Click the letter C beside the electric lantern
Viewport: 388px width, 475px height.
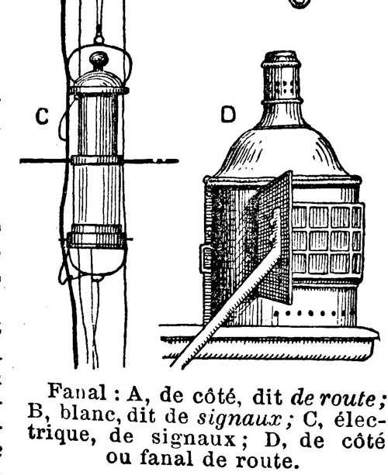pos(42,117)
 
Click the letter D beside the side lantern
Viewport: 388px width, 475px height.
pos(228,115)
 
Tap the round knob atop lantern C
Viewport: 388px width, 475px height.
pos(99,60)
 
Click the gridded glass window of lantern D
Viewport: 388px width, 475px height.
pos(327,239)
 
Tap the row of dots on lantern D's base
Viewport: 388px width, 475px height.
pos(306,313)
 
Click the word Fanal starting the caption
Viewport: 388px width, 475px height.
pos(78,392)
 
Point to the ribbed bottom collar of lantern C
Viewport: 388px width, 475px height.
pos(96,237)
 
